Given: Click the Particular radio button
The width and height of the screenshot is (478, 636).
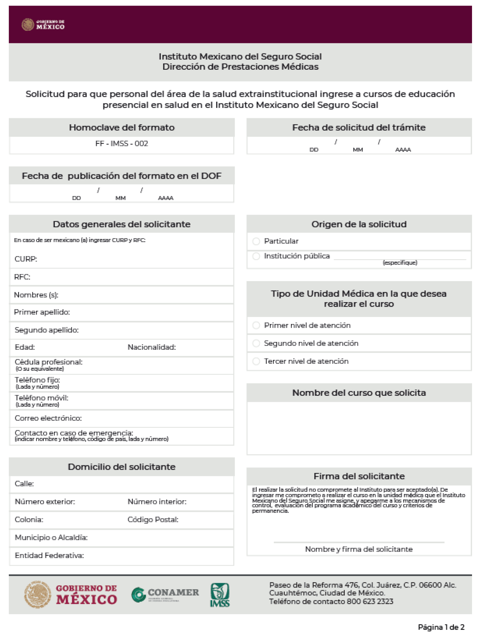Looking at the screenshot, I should coord(256,241).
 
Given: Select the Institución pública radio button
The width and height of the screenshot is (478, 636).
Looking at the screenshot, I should coord(256,256).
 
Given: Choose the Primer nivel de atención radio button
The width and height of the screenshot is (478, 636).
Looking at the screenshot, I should coord(256,325).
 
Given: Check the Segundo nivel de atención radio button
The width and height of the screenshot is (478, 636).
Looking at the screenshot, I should coord(256,343).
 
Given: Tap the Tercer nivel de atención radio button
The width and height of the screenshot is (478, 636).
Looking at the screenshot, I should coord(256,361).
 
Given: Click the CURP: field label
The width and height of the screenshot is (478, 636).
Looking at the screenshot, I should coord(26,259).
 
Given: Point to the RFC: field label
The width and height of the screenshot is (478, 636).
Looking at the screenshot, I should coord(22,277).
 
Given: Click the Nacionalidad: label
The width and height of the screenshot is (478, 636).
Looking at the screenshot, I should coord(151,348).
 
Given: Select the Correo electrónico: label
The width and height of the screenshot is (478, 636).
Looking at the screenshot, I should coord(48,418).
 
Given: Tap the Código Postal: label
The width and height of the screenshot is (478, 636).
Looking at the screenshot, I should coord(153,520).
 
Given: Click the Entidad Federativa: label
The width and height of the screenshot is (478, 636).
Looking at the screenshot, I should coord(49,556).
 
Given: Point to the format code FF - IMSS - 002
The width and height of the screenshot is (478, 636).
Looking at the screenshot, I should coord(122,144).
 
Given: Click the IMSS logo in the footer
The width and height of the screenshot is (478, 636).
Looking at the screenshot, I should coord(220,595).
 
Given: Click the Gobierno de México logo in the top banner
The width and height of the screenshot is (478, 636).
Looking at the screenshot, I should coord(43,25).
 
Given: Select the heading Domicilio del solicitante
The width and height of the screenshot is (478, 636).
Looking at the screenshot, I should coord(122,467).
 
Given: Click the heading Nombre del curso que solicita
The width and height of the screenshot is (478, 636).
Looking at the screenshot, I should coord(359,393).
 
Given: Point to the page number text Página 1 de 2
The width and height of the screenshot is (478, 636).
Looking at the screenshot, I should coord(441,627).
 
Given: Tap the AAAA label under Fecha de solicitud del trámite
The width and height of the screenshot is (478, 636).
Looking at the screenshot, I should coord(403,150).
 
